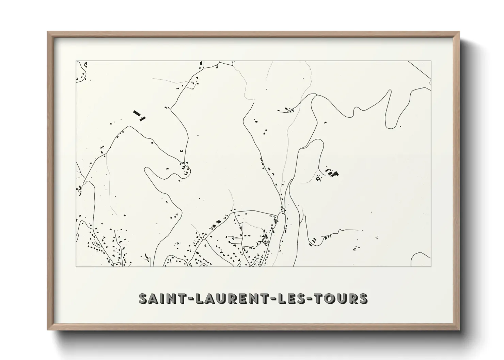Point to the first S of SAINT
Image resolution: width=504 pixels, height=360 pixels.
tap(143, 298)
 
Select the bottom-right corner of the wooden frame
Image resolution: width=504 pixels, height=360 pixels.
tap(459, 330)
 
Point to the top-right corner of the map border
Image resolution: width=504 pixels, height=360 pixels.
tap(431, 61)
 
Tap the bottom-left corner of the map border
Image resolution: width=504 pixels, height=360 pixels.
tap(76, 266)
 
